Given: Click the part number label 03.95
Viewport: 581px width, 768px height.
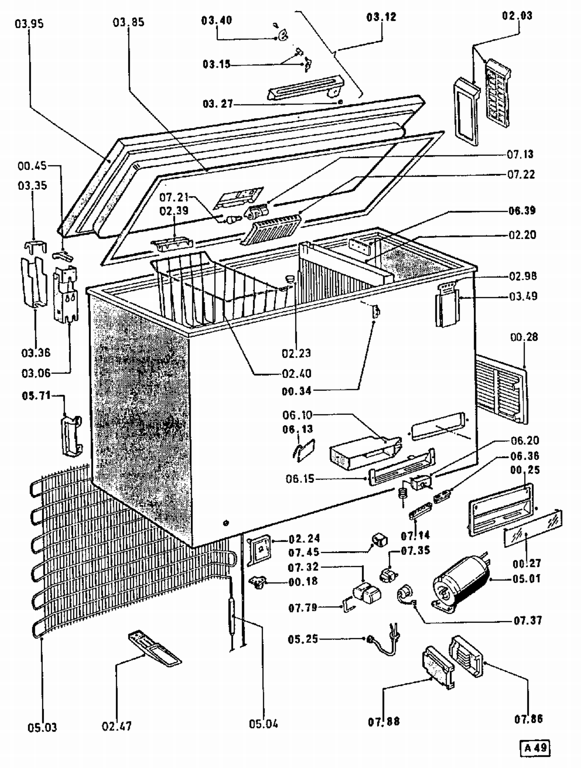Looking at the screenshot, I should click(x=29, y=24).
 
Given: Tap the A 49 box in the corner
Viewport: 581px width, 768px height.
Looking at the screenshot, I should click(x=535, y=747).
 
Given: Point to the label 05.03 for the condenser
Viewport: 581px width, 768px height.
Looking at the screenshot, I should click(x=42, y=727).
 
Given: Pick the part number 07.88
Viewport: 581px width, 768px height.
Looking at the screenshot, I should click(x=383, y=722).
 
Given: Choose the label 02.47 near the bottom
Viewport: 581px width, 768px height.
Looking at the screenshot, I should click(x=117, y=726).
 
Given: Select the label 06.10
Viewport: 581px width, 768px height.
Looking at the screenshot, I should click(x=297, y=415).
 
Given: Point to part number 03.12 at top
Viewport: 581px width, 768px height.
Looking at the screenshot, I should click(x=382, y=17).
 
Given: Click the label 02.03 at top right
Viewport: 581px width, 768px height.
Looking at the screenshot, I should click(x=517, y=16).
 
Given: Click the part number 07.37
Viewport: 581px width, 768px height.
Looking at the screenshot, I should click(x=528, y=620).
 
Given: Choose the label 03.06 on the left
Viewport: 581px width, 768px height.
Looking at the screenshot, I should click(x=36, y=373).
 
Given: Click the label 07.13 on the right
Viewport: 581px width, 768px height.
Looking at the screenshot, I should click(x=520, y=154).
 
